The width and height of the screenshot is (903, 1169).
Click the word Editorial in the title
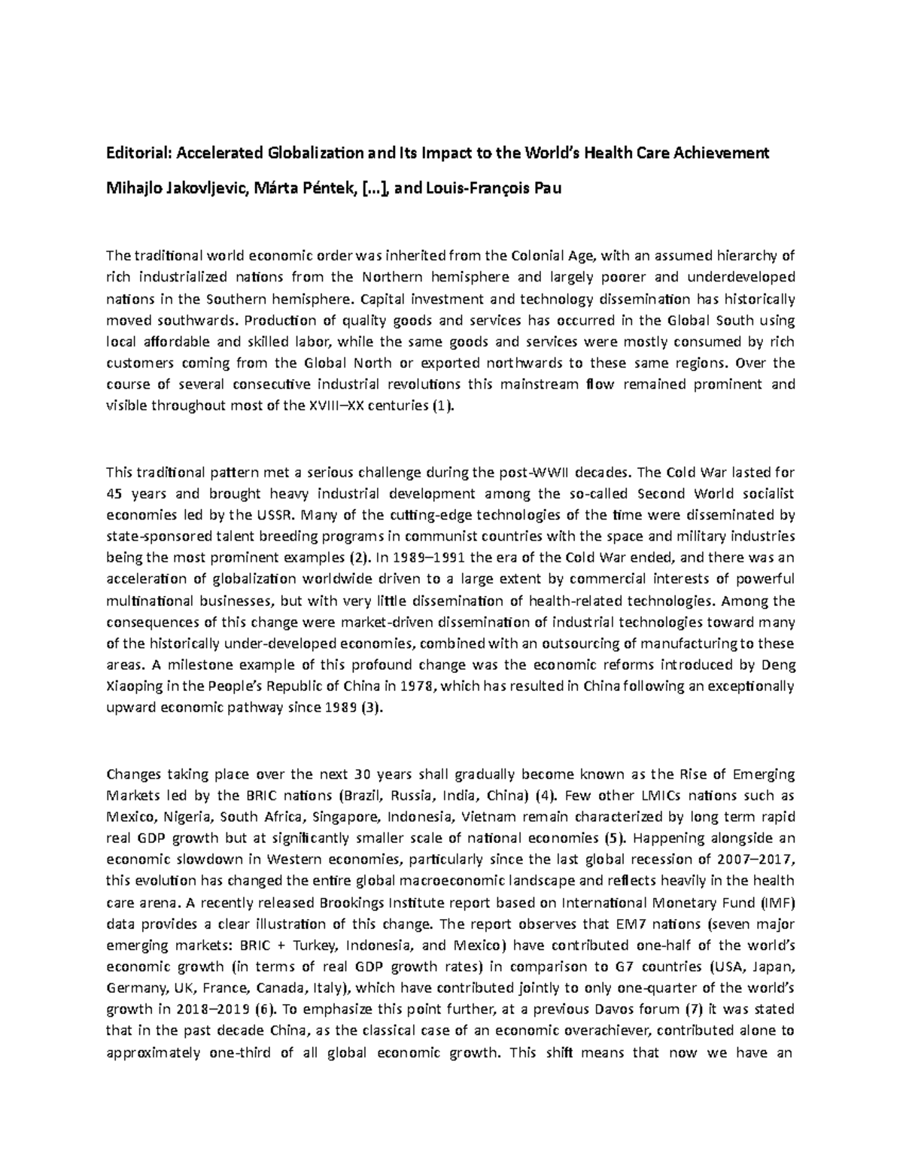click(x=139, y=154)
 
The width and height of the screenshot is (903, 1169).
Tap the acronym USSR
click(x=278, y=516)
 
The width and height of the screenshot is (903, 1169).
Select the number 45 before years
click(x=116, y=494)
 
